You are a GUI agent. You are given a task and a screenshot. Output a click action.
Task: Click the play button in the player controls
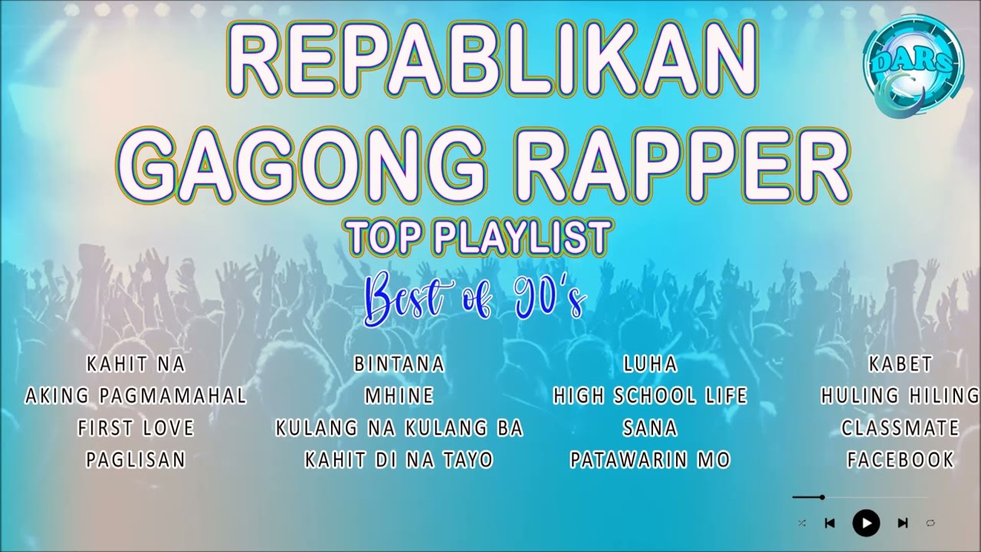coord(866,523)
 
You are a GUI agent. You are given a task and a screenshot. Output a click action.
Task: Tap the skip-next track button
coord(902,523)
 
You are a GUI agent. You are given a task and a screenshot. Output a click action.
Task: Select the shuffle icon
coord(802,523)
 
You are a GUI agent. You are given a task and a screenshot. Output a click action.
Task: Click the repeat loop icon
coord(930,523)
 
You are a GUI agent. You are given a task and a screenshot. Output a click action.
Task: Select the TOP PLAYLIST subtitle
coord(480,238)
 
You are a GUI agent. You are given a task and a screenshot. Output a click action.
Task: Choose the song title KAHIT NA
coord(136,363)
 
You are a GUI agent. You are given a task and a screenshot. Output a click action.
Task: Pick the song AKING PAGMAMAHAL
coord(136,396)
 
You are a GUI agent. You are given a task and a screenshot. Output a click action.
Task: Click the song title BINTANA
coord(399,363)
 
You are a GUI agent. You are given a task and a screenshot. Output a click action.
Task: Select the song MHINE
coord(399,396)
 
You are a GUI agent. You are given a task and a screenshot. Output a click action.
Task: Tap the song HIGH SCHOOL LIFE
coord(650,396)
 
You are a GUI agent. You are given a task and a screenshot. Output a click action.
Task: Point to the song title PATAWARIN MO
coord(650,460)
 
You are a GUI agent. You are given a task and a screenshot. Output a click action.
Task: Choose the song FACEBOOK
coord(901,460)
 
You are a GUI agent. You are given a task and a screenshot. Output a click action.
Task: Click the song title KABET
coord(901,363)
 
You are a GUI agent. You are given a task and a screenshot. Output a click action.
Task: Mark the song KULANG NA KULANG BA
coord(399,428)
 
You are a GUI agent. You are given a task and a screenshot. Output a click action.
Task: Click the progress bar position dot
coord(822,498)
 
